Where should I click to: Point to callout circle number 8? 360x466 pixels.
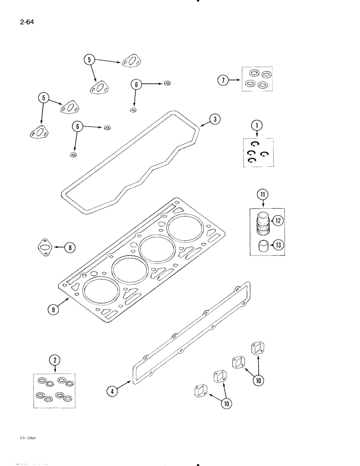[69, 247]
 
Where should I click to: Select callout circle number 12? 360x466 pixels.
[278, 221]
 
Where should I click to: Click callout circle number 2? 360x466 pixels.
[55, 360]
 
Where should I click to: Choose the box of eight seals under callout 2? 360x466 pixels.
[55, 391]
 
